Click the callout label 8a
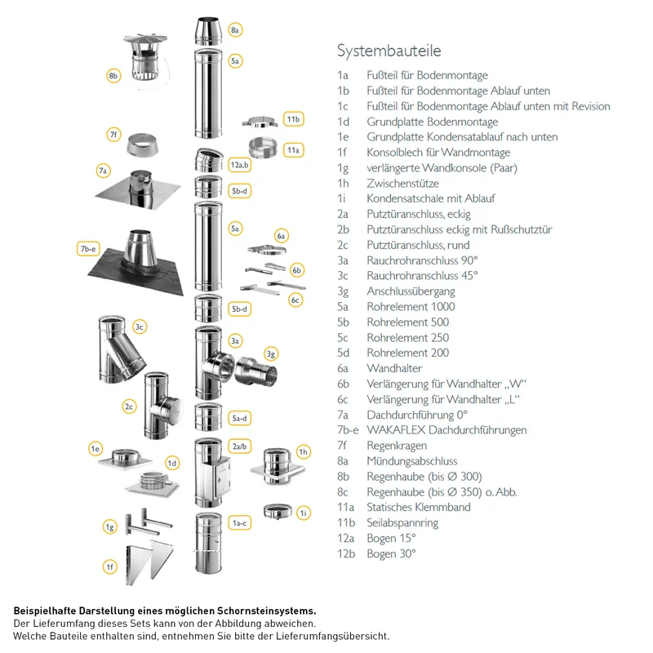tap(235, 30)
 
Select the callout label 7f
tap(113, 135)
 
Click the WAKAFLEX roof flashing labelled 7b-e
tap(136, 261)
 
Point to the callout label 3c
tap(140, 327)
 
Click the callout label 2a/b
tap(239, 446)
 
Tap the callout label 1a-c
tap(239, 523)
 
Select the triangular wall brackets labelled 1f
tap(149, 563)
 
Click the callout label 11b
tap(293, 119)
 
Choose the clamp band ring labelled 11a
tap(263, 149)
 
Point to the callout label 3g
tap(271, 354)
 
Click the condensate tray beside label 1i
tap(278, 512)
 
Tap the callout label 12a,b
tap(239, 165)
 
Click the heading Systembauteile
tap(389, 51)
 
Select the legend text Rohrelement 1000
tap(411, 307)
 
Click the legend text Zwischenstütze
tap(402, 183)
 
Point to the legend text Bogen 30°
tap(391, 553)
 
